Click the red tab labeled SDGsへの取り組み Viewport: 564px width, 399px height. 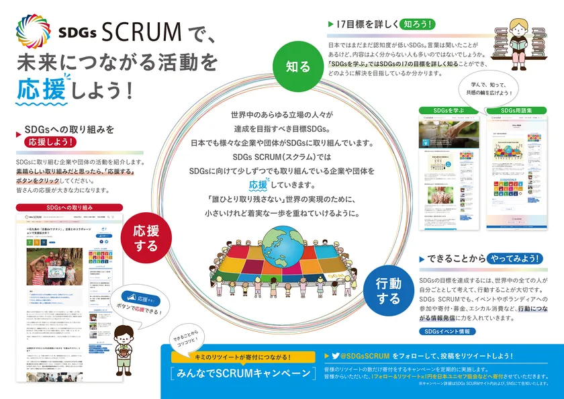pos(70,208)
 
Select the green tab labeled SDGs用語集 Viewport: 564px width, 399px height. pos(516,109)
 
